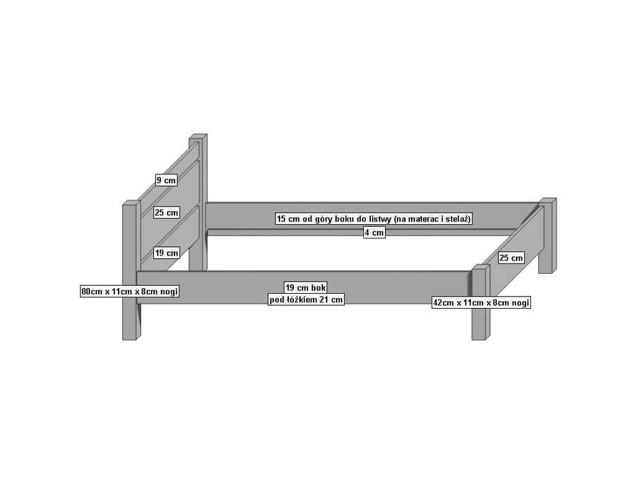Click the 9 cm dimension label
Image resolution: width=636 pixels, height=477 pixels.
tap(166, 180)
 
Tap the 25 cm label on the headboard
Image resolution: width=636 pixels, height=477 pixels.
tap(166, 213)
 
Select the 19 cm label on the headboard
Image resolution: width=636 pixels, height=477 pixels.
tap(166, 253)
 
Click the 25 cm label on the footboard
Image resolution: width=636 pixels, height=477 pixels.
tap(511, 258)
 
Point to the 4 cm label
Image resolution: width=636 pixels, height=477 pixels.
tap(374, 233)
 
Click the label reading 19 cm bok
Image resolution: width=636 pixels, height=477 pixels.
tap(306, 288)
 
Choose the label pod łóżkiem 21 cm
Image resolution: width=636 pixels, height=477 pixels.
tap(306, 300)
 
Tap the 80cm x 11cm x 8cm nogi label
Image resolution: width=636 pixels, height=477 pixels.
tap(130, 291)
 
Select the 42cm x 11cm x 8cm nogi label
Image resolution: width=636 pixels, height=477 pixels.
tap(481, 303)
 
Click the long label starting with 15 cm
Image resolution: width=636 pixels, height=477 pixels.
tap(374, 219)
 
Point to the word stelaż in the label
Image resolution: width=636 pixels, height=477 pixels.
tap(457, 219)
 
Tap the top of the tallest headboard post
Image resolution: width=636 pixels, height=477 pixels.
tap(198, 137)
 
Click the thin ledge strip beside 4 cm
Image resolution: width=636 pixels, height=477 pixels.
tap(361, 233)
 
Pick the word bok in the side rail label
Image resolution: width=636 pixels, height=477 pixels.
tap(319, 288)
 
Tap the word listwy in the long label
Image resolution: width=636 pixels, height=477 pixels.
tap(380, 219)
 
